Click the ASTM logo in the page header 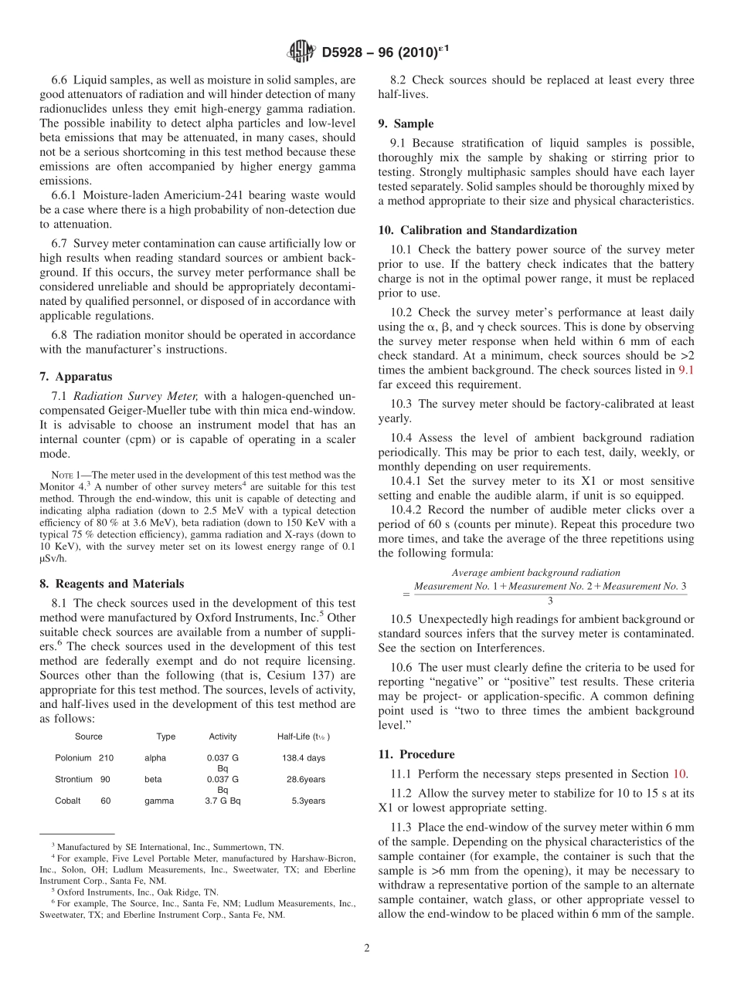pos(301,52)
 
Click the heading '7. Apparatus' pos(76,377)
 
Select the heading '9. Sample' pos(406,124)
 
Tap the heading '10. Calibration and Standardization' pos(477,230)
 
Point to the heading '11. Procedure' pos(416,754)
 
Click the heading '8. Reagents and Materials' pos(111,584)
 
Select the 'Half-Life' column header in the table pos(303,736)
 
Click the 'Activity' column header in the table pos(223,736)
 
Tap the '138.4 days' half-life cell pos(304,758)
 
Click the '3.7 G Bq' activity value pos(223,801)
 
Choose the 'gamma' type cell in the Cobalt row pos(159,801)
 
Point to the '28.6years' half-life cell pos(306,780)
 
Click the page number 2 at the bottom pos(367,949)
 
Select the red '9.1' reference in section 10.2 pos(686,370)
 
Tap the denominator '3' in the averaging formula pos(549,600)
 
